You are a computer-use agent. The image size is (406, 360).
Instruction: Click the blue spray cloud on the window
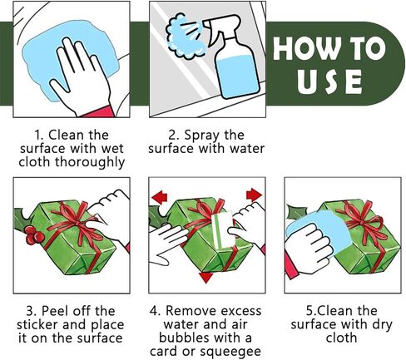[x=184, y=37]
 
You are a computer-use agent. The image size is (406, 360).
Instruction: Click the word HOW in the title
[x=305, y=48]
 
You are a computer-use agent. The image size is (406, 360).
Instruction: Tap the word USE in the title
[x=329, y=81]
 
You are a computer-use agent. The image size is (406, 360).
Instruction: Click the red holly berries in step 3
[x=33, y=234]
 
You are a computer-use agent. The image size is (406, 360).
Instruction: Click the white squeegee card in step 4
[x=223, y=229]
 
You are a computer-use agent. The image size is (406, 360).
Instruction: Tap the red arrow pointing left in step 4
[x=160, y=197]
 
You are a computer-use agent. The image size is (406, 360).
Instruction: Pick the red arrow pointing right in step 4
[x=254, y=195]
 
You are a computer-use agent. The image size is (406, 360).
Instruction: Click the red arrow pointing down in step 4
[x=205, y=278]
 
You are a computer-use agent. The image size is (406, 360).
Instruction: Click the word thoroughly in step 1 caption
[x=90, y=162]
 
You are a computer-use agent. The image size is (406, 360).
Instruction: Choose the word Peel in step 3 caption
[x=53, y=311]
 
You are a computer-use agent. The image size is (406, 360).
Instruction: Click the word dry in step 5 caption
[x=382, y=325]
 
